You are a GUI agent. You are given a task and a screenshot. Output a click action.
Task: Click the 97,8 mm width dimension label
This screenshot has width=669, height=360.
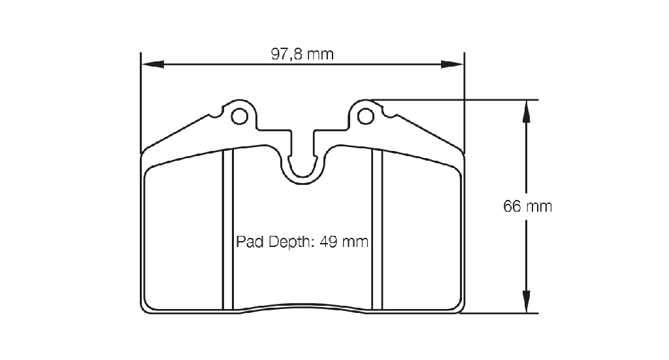tap(302, 54)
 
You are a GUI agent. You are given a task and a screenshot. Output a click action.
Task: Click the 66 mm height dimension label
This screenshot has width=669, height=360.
tap(527, 206)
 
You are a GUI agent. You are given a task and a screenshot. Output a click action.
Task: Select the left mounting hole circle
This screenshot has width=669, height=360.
tap(239, 116)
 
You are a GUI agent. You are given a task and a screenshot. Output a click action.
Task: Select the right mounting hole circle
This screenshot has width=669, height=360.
tap(366, 116)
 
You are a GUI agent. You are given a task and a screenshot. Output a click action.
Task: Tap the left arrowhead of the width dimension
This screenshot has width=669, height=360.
tap(152, 65)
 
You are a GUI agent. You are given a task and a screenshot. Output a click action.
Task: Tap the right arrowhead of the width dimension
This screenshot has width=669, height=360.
tap(452, 65)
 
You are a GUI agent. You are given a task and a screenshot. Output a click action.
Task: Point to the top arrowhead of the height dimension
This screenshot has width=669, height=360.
tap(526, 112)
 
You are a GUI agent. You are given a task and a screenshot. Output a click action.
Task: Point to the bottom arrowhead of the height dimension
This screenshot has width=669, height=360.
tap(526, 302)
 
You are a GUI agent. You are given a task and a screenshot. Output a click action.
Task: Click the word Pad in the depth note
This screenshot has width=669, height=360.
tap(250, 242)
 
